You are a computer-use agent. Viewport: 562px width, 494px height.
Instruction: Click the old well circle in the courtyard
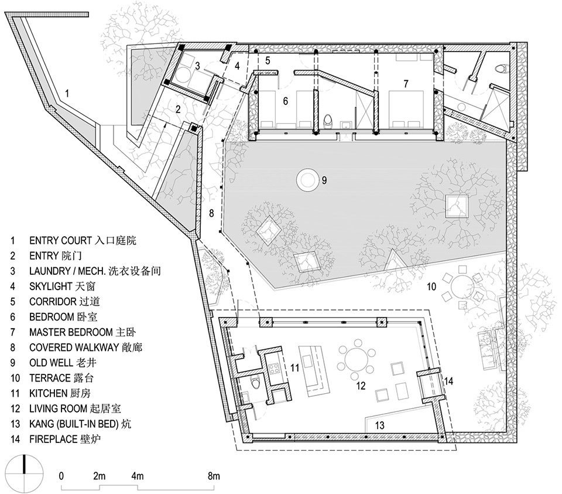(x=307, y=179)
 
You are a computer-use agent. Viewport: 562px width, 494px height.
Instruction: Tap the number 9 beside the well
(x=324, y=180)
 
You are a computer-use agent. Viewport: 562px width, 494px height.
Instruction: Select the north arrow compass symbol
(x=25, y=473)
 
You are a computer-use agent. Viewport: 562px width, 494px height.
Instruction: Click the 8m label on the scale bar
(x=214, y=476)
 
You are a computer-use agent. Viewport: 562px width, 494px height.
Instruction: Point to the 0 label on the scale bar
(x=61, y=476)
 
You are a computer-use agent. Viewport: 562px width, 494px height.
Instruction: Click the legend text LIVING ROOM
(x=59, y=408)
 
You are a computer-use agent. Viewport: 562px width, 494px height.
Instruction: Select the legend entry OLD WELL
(x=63, y=363)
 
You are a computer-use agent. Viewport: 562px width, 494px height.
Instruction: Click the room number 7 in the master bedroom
(x=405, y=84)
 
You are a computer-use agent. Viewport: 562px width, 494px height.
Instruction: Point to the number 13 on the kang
(x=379, y=425)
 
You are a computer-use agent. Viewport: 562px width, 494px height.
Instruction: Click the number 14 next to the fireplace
(x=448, y=381)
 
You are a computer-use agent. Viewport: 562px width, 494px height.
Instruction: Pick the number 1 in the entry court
(x=67, y=94)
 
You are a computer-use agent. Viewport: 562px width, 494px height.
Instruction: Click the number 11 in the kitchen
(x=294, y=368)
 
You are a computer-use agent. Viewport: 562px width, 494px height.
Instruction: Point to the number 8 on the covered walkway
(x=211, y=213)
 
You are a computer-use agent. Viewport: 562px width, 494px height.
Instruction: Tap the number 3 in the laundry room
(x=197, y=66)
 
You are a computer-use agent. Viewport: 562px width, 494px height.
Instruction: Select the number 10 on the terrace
(x=431, y=287)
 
